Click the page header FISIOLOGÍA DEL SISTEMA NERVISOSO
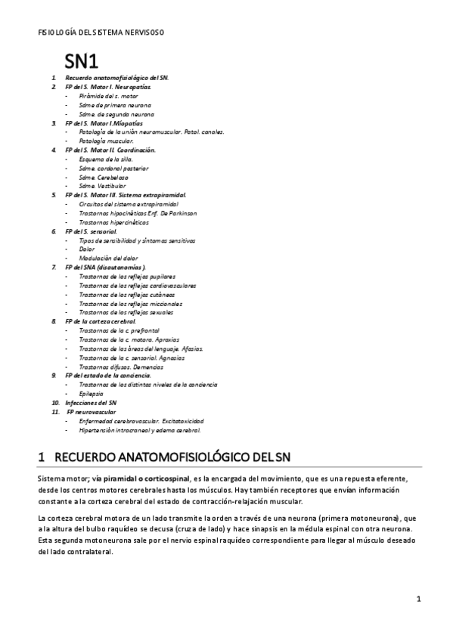pyautogui.click(x=101, y=33)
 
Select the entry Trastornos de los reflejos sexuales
pyautogui.click(x=126, y=311)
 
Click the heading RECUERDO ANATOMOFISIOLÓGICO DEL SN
pyautogui.click(x=169, y=457)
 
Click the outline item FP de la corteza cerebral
pyautogui.click(x=101, y=320)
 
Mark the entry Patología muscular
pyautogui.click(x=106, y=141)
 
